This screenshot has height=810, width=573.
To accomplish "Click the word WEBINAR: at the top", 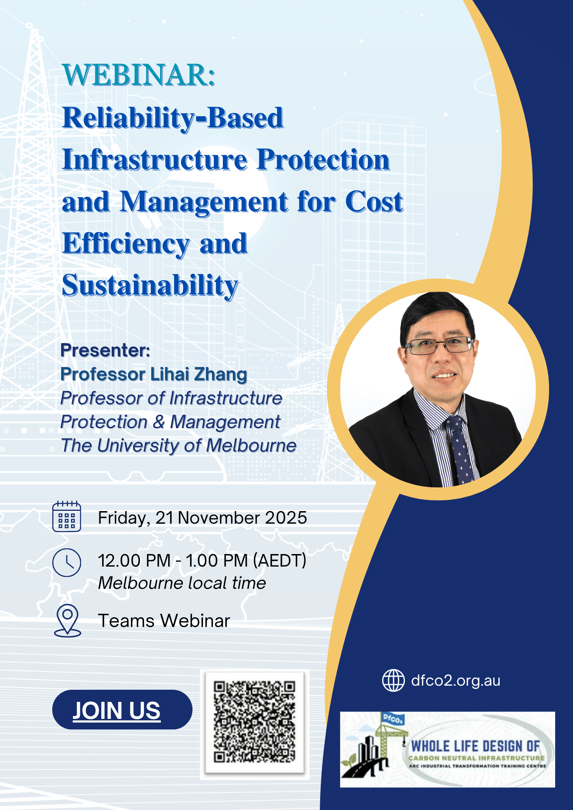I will (x=139, y=75).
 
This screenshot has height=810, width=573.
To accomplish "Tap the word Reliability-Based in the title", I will (x=173, y=118).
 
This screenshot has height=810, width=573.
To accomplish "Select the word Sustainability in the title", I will (x=150, y=286).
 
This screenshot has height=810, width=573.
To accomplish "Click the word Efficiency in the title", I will (x=126, y=244).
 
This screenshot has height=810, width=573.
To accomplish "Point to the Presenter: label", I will (x=105, y=350).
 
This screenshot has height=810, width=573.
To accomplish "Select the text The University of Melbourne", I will (x=179, y=446).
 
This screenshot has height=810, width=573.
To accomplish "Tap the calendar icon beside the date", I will (x=67, y=516).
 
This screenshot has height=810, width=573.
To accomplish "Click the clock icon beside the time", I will (x=67, y=563).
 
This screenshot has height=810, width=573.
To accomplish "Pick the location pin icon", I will (x=67, y=620).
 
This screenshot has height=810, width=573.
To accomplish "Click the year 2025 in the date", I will (x=286, y=518).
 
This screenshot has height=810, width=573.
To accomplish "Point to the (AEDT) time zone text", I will (x=280, y=561).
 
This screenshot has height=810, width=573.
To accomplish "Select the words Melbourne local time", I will (x=182, y=583).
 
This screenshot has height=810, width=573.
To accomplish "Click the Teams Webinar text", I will (x=164, y=621).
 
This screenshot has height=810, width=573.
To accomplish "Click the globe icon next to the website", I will (x=393, y=680).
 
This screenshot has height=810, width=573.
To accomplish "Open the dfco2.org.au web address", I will (x=455, y=681).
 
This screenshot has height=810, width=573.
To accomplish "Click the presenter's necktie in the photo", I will (x=460, y=450).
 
